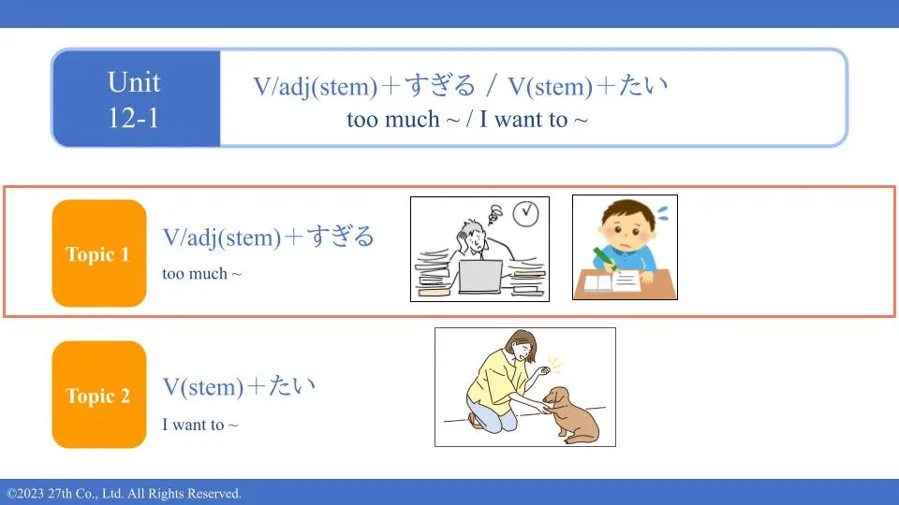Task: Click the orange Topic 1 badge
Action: point(99,253)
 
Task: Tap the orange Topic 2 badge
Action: point(99,395)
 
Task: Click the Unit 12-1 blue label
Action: point(136,98)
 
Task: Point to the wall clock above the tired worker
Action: point(525,214)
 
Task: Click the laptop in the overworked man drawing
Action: point(480,277)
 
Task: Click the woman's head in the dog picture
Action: point(522,345)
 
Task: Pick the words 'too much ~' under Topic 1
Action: point(202,274)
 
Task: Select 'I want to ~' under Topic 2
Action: point(199,425)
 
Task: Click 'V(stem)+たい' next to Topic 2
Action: point(239,386)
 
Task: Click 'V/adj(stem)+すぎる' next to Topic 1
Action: point(269,237)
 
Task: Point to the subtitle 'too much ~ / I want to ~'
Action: point(467,120)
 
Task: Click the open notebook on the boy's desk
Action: point(612,281)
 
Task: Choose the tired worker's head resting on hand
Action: point(474,236)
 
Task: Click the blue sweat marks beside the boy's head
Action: point(662,213)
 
